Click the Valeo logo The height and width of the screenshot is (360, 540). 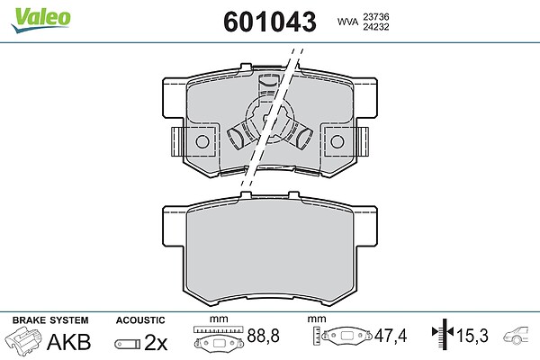click(x=40, y=19)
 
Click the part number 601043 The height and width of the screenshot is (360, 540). click(x=270, y=22)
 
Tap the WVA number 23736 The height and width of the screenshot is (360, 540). click(x=375, y=16)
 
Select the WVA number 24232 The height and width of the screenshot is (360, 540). click(x=375, y=26)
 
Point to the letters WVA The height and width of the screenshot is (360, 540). click(x=347, y=22)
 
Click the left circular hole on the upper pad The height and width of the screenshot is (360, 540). click(x=202, y=141)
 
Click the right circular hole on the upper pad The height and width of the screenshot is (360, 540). click(x=337, y=141)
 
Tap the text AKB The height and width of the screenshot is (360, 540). click(x=69, y=342)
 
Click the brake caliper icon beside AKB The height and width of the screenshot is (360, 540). click(x=23, y=340)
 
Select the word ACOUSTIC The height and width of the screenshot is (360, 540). click(x=140, y=320)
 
